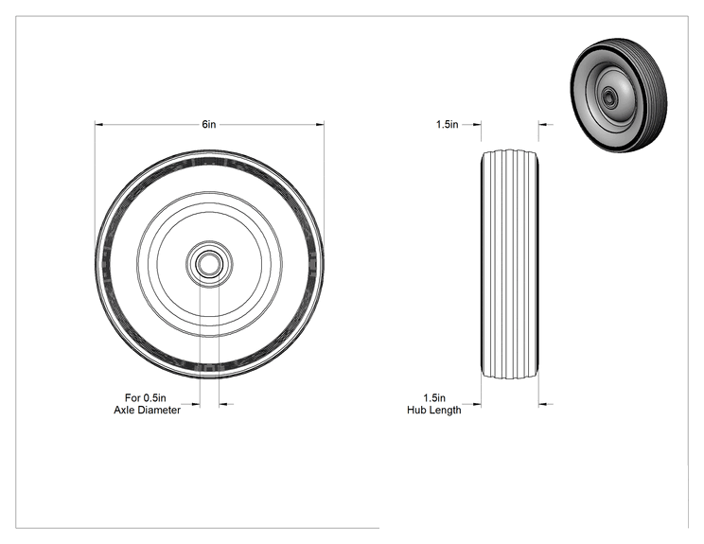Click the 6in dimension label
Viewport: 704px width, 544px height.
click(209, 124)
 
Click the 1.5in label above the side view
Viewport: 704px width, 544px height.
click(448, 124)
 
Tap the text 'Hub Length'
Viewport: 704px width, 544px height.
click(434, 410)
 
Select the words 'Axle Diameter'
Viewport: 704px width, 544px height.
click(148, 410)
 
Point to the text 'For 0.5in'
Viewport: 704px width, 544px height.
click(146, 397)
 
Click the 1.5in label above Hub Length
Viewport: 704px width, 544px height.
click(434, 397)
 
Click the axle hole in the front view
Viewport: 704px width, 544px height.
click(209, 264)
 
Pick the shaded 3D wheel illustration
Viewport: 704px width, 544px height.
click(619, 95)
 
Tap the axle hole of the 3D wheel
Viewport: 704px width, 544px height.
click(608, 96)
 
